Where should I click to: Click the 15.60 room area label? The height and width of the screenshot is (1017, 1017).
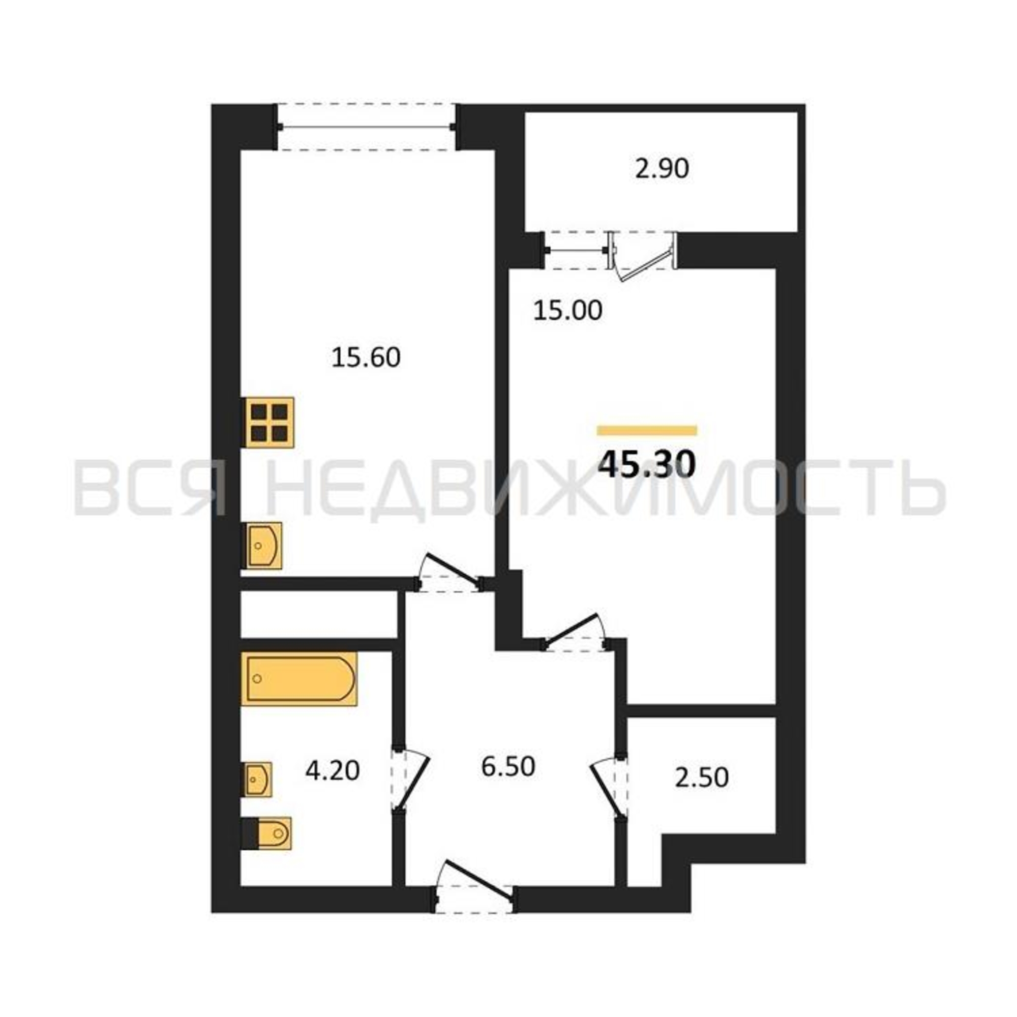(x=366, y=358)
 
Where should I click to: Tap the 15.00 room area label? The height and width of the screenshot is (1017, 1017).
(x=567, y=311)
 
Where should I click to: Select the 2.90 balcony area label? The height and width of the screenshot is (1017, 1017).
(x=662, y=169)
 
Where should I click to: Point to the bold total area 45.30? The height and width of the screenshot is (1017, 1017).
(x=647, y=464)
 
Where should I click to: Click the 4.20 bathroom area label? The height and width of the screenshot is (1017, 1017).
(x=333, y=771)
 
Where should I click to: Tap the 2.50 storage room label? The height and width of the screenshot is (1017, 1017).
(x=702, y=777)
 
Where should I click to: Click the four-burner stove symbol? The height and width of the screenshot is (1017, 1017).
(x=269, y=422)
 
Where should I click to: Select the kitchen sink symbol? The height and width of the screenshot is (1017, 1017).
(x=263, y=546)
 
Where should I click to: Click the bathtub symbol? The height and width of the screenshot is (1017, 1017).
(x=299, y=679)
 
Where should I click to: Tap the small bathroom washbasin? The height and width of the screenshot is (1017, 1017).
(x=258, y=779)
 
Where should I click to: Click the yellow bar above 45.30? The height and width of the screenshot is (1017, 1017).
(x=647, y=431)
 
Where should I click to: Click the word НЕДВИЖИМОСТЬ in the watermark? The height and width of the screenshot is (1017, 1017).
(x=605, y=489)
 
